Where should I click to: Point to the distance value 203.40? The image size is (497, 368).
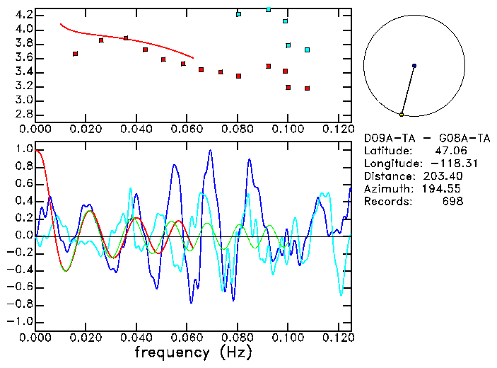[445, 176]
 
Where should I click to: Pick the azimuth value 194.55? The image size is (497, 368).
[445, 189]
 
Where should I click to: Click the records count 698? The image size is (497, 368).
[453, 202]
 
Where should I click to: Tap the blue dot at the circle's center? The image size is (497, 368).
[414, 66]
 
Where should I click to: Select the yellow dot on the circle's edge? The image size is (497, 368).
[402, 114]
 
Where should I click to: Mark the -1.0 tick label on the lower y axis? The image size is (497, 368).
[21, 321]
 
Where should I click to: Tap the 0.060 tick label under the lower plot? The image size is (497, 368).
[187, 338]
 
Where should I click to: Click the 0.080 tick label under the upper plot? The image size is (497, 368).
[238, 129]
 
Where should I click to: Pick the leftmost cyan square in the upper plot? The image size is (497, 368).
[238, 14]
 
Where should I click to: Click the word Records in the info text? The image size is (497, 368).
[385, 202]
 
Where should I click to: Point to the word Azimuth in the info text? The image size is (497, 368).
[385, 189]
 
